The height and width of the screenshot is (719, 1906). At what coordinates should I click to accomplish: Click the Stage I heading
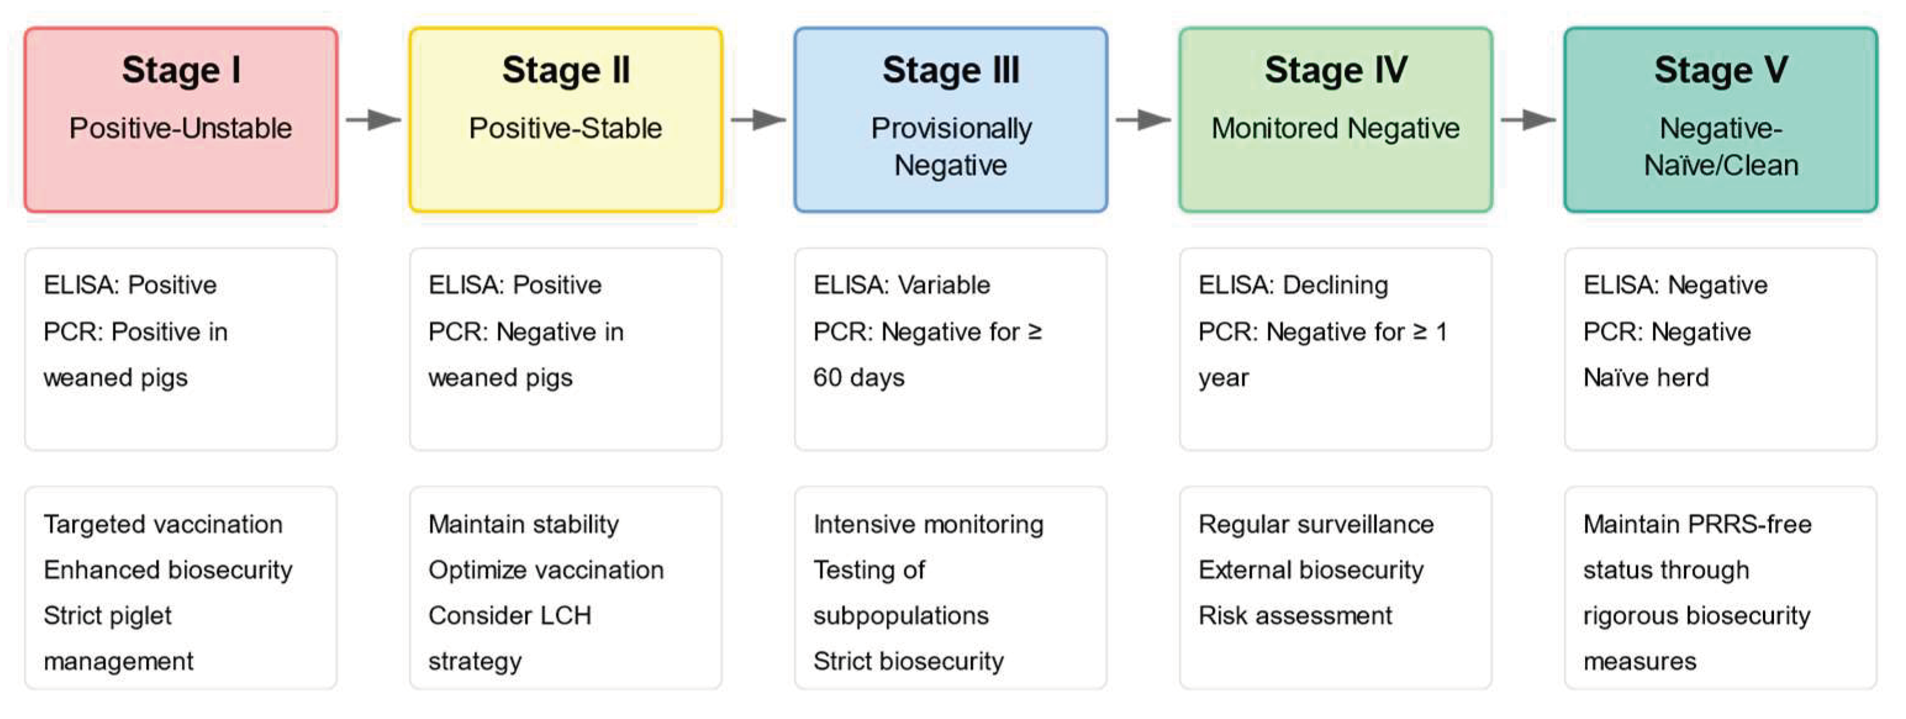(181, 70)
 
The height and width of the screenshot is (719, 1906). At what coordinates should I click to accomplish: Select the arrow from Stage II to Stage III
(757, 119)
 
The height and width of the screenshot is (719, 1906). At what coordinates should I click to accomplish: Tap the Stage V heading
(1720, 70)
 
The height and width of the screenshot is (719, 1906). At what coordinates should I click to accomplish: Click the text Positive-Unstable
(181, 128)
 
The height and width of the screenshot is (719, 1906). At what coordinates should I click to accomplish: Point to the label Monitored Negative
(1335, 128)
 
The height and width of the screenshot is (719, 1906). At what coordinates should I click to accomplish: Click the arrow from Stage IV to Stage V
(1527, 119)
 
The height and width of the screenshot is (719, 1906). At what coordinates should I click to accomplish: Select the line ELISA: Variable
(901, 285)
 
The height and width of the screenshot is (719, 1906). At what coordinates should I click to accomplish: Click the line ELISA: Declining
(1293, 285)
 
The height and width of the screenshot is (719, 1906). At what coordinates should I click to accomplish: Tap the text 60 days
(858, 377)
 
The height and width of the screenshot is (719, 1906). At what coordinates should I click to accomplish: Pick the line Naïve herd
(1646, 377)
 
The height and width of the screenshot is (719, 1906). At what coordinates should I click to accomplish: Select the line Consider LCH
(509, 615)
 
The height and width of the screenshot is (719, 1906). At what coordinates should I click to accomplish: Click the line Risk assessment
(1295, 615)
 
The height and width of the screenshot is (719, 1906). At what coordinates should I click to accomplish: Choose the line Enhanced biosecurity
(167, 570)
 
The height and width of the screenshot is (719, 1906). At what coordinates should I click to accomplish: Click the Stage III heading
(950, 70)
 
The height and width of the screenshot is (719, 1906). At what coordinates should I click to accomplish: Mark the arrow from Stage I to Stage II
(373, 119)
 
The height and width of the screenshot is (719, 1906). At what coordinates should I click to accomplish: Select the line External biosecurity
(1310, 570)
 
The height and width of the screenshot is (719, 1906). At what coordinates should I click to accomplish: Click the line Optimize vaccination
(545, 570)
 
